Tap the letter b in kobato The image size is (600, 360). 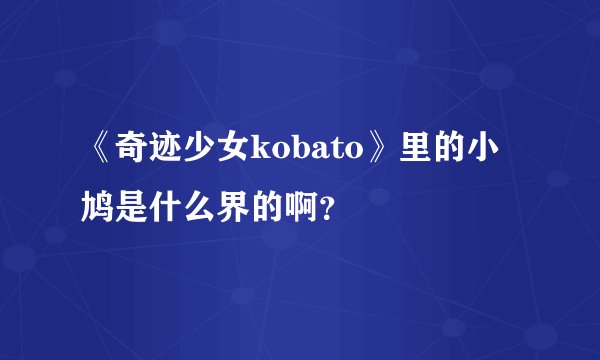click(x=294, y=151)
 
